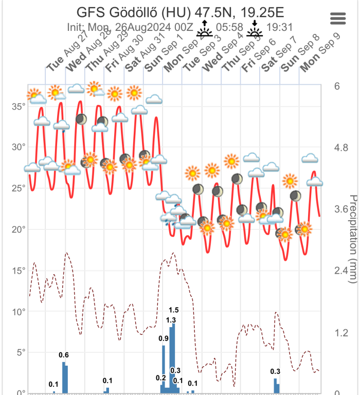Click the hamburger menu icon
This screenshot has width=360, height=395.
(x=338, y=19)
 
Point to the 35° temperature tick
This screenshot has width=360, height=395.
(x=19, y=106)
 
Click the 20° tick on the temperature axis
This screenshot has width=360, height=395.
(x=19, y=229)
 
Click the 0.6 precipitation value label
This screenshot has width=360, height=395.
(x=64, y=355)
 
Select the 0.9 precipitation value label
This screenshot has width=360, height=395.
(x=164, y=338)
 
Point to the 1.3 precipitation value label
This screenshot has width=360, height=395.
(x=171, y=320)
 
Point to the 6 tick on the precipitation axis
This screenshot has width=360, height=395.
(x=337, y=86)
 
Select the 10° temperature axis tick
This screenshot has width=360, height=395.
(x=19, y=312)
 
